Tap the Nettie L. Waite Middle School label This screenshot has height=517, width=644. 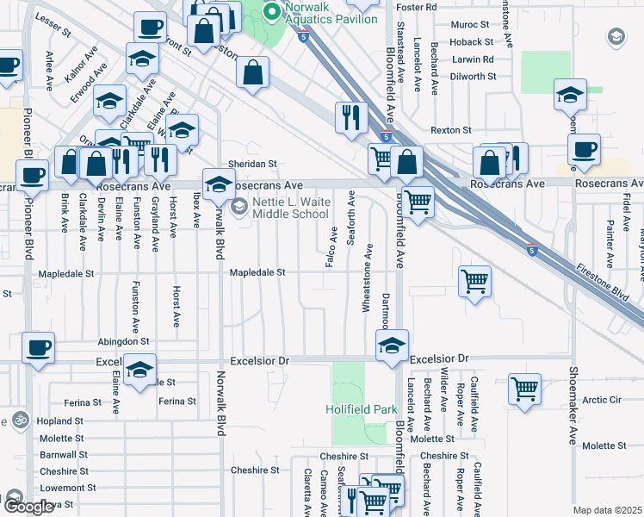pos(290,208)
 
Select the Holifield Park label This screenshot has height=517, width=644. pos(361,410)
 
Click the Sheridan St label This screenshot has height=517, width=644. pos(251,164)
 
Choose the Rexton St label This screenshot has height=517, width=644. pos(451,130)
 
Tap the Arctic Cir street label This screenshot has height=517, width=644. pos(602,400)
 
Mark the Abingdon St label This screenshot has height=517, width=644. pos(123,342)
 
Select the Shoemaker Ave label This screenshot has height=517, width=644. pos(573,407)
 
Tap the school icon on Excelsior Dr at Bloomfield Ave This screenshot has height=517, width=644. pos(393,346)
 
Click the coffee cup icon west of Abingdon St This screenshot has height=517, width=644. pos(38,348)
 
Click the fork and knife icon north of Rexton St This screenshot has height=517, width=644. pos(351,118)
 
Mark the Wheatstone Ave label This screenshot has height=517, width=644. pos(367,278)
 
